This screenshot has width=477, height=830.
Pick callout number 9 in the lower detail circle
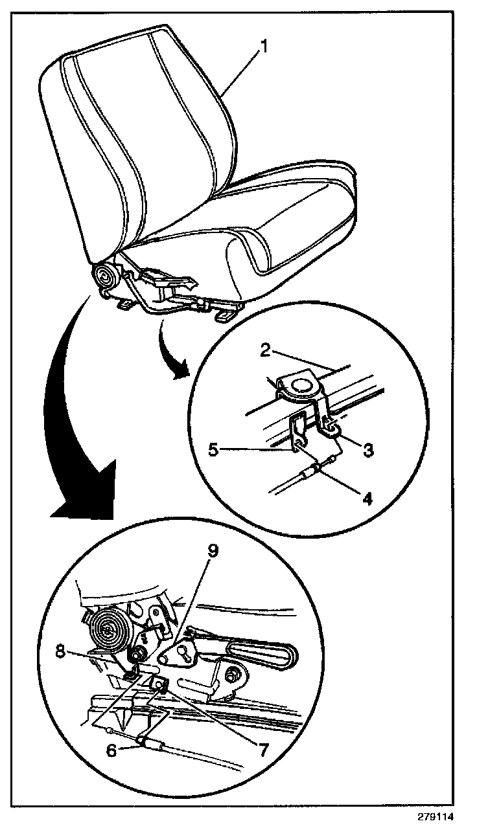(214, 551)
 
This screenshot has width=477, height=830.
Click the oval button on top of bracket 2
(301, 386)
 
